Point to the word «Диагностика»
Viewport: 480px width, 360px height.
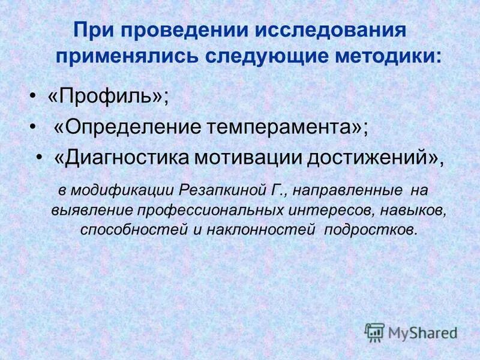[120, 157]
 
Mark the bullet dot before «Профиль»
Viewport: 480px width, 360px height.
[34, 97]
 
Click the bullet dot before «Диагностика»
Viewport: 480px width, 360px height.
[40, 158]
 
